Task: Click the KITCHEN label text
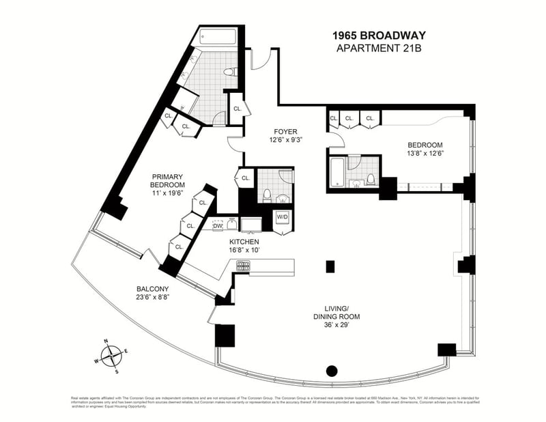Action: [244, 241]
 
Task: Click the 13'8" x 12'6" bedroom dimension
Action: [425, 154]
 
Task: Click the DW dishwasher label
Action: [218, 226]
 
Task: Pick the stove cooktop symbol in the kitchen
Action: [243, 266]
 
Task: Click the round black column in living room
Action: [332, 371]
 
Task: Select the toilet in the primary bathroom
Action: [230, 72]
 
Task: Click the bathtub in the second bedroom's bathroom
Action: [337, 173]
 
